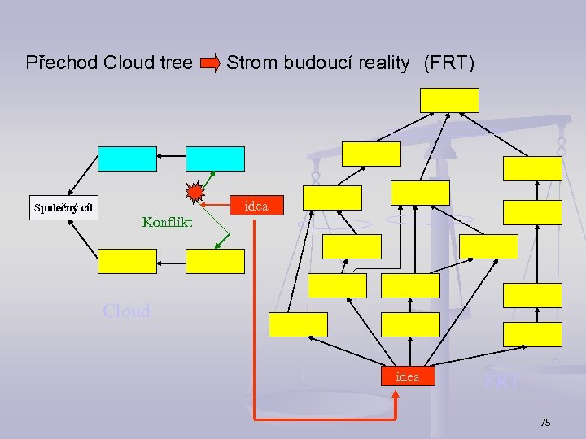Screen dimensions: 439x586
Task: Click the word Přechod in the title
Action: click(62, 63)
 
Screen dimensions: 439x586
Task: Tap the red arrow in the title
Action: click(210, 63)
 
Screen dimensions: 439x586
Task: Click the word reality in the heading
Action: click(383, 63)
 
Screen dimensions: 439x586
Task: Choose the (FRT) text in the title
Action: click(448, 63)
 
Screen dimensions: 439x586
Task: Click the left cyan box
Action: click(127, 159)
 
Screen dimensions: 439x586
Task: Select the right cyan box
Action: click(215, 159)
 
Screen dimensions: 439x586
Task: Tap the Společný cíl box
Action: click(63, 207)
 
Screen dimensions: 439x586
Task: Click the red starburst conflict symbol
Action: click(195, 193)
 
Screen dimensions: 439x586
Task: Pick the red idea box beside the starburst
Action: click(256, 206)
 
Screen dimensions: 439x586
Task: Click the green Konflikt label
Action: click(167, 221)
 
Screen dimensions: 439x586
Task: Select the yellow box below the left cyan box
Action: click(127, 260)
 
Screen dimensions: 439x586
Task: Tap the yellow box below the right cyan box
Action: click(215, 260)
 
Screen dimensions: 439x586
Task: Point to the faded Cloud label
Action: click(127, 311)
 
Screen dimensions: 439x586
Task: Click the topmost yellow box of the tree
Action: click(449, 100)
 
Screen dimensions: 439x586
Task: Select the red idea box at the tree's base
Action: click(408, 376)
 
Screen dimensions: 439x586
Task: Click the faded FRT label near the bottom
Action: click(501, 382)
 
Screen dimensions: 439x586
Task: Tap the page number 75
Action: click(545, 422)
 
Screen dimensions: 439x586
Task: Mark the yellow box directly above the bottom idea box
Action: click(411, 324)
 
